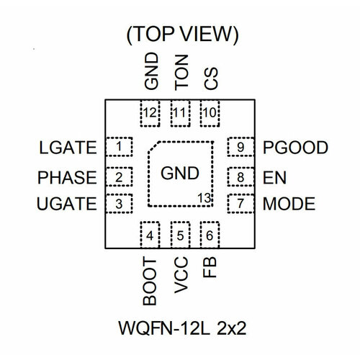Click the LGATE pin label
pos(68,148)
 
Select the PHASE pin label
pos(67,178)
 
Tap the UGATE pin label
pos(67,204)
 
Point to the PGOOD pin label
pos(295,148)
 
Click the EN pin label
pos(274,178)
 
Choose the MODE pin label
pos(289,204)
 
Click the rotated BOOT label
pos(150,281)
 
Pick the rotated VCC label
pos(181,275)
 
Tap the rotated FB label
pos(210,267)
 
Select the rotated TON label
pos(181,73)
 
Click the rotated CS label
pos(211,78)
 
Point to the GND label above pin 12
pos(151,71)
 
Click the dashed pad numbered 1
pos(119,147)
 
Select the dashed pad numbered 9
pos(240,147)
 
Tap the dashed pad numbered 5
pos(181,235)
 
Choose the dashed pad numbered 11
pos(181,113)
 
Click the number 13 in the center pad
pos(204,198)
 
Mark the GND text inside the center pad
pos(180,173)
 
